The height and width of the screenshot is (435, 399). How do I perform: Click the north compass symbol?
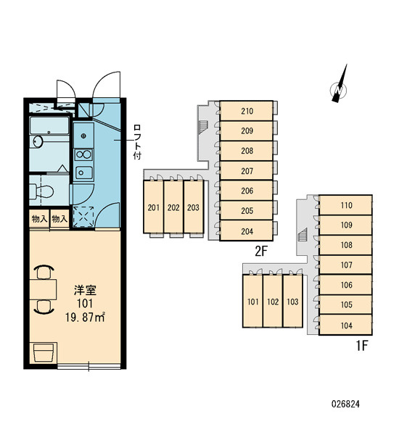[339, 88]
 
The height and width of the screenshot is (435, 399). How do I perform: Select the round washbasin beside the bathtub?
[38, 141]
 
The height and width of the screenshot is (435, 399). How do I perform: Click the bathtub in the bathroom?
[49, 125]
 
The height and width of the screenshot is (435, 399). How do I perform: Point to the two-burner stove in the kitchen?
[83, 154]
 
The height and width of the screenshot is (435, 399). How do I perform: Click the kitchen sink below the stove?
[83, 173]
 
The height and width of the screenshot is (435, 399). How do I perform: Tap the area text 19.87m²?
[85, 317]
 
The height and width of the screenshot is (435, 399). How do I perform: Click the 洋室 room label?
[85, 290]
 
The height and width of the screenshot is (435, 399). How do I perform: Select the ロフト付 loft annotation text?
[137, 142]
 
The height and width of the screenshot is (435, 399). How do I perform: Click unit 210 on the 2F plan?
[246, 111]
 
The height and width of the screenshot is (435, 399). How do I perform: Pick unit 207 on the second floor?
[246, 170]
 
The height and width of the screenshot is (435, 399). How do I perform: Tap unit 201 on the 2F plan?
[154, 207]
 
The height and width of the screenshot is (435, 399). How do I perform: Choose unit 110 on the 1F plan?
[346, 205]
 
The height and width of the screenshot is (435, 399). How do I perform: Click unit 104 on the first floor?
[346, 325]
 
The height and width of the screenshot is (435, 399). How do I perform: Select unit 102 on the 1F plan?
[273, 302]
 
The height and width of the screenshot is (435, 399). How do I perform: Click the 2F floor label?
[260, 251]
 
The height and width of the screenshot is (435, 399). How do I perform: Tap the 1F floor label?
[361, 345]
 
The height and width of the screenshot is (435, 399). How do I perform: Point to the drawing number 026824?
[345, 404]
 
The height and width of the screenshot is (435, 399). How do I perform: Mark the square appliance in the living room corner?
[44, 352]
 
